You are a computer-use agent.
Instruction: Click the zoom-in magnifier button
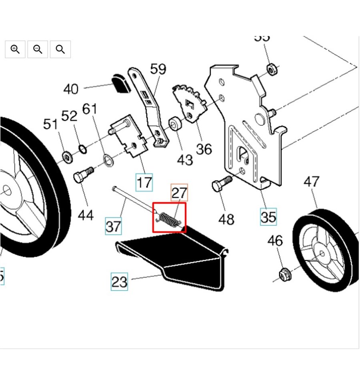coord(15,49)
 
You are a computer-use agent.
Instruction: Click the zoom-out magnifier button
coord(38,49)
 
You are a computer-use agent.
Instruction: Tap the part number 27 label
coord(179,193)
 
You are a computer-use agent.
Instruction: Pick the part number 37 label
coord(113,226)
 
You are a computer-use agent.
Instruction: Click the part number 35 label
coord(268,217)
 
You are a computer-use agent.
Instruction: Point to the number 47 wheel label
coord(312,182)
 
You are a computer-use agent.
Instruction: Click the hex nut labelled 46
coord(285,275)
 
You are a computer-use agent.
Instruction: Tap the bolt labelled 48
coord(221,184)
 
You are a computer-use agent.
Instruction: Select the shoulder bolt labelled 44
coord(83,174)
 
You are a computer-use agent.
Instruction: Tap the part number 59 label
coord(158,69)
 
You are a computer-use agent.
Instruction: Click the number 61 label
coord(90,109)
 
